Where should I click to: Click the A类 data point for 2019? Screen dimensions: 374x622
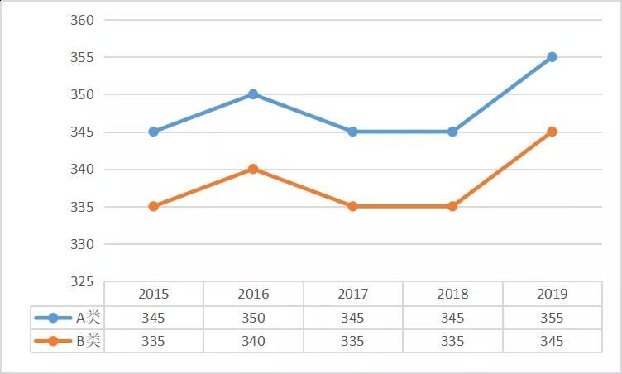[x=552, y=57]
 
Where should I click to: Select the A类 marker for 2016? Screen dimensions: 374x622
[x=253, y=94]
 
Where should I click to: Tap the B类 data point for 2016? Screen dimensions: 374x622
[x=253, y=169]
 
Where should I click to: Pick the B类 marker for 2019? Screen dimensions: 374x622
[x=552, y=132]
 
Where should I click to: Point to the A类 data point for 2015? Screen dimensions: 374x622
[x=154, y=132]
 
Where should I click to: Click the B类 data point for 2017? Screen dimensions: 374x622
[x=352, y=206]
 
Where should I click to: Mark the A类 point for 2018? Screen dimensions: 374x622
[x=452, y=132]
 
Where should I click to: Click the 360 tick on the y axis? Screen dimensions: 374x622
[x=83, y=20]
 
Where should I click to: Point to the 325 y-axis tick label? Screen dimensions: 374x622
[x=83, y=281]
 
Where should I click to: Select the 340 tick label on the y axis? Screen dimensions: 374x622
[x=83, y=170]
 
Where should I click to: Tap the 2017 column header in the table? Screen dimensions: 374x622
[x=352, y=294]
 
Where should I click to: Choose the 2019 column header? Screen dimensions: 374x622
[x=552, y=294]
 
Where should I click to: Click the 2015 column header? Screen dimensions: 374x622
[x=154, y=294]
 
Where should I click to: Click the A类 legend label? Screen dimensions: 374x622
[x=88, y=318]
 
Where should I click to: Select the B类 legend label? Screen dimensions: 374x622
[x=88, y=341]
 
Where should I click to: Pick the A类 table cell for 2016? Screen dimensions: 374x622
[x=253, y=318]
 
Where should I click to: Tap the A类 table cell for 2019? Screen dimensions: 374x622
[x=552, y=318]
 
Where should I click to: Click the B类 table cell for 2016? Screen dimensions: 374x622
[x=253, y=341]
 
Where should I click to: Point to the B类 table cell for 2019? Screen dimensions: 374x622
[x=552, y=341]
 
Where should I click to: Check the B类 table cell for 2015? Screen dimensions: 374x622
[x=154, y=341]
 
